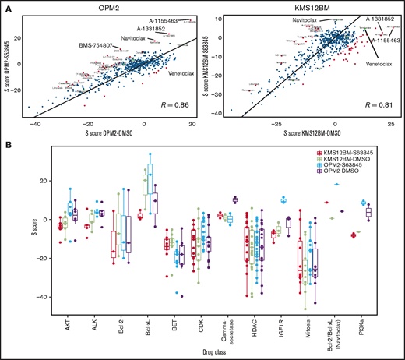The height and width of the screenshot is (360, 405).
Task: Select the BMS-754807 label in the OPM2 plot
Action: click(x=101, y=46)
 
